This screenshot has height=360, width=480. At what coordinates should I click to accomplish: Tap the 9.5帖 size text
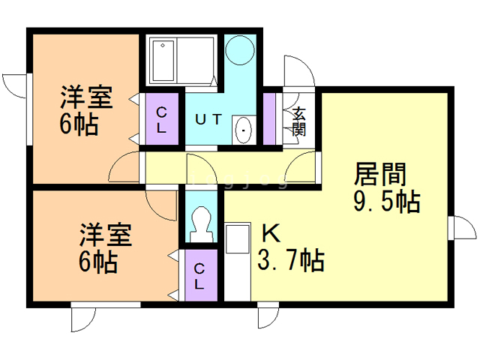coord(385,202)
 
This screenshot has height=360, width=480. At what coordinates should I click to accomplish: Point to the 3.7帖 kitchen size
coord(290,260)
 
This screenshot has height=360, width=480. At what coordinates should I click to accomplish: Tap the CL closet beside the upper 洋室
coord(162,118)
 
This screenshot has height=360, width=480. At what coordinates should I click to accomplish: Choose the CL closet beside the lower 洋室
coord(199,275)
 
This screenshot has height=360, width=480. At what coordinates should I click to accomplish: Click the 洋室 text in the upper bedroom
coord(86,98)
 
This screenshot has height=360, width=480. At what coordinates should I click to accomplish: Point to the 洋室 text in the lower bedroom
coord(106,235)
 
